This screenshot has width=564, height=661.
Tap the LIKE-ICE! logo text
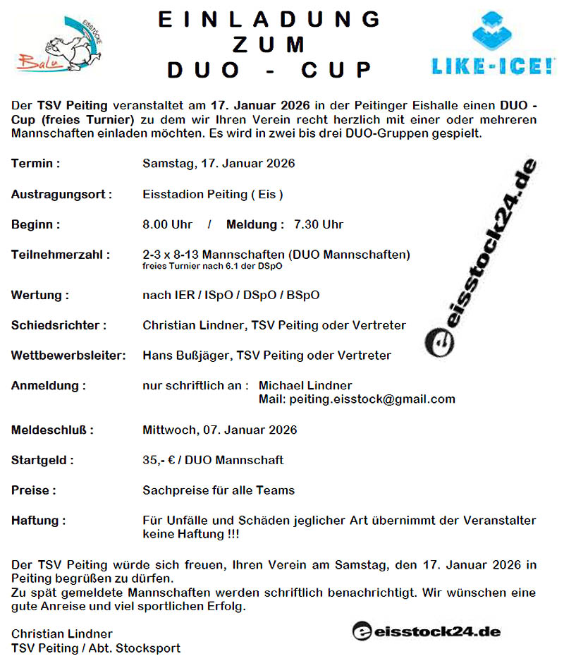493,66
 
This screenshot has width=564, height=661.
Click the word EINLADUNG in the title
270,19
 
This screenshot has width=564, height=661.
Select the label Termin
35,164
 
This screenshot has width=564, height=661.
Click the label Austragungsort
61,194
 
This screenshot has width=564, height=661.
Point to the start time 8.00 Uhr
167,224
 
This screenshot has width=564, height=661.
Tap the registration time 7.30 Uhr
319,224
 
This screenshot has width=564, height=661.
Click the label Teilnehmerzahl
60,255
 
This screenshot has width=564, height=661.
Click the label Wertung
39,295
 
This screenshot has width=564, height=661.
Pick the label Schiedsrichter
59,325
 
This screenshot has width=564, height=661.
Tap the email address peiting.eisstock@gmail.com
357,399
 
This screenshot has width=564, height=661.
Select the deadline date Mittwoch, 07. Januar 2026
219,430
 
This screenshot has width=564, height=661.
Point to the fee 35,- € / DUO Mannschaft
213,460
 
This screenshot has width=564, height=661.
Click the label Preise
33,490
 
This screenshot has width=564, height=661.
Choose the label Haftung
38,521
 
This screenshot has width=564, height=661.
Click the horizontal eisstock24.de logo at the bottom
427,631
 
